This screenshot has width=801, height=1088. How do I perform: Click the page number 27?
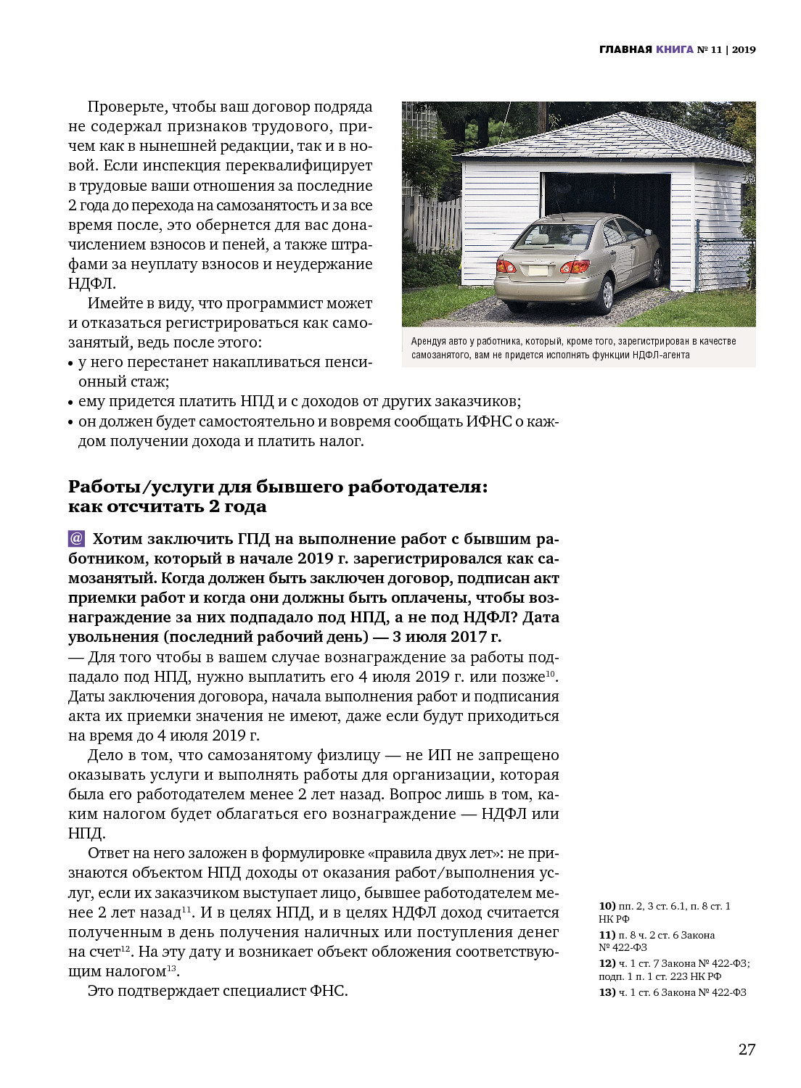click(747, 1049)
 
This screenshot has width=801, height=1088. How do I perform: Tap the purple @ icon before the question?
click(76, 538)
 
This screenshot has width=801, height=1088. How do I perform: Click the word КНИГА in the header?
click(675, 49)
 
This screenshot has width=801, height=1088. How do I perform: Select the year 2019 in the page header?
click(744, 49)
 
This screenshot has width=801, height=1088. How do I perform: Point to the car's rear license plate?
click(538, 270)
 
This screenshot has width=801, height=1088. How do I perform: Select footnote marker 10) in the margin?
click(607, 906)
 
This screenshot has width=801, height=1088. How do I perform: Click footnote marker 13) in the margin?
click(607, 992)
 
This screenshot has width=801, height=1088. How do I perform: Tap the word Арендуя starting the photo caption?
click(429, 341)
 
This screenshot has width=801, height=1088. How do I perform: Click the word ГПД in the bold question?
click(253, 539)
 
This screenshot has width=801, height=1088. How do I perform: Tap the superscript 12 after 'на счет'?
click(126, 948)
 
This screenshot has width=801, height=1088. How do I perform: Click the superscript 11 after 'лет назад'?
click(186, 909)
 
